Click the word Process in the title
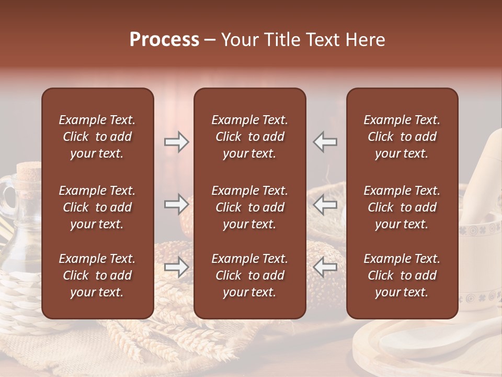[x=164, y=40]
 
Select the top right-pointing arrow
[x=176, y=142]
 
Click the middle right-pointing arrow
[x=176, y=204]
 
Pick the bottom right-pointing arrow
[x=176, y=267]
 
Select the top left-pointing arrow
[x=325, y=142]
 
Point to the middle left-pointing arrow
[x=325, y=204]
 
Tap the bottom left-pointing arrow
[x=325, y=267]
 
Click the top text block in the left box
[x=97, y=137]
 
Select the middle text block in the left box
[x=97, y=207]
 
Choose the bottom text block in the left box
[x=97, y=275]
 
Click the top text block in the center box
[x=249, y=137]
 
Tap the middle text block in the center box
[x=249, y=207]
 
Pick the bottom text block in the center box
[x=249, y=275]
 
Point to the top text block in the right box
[x=402, y=137]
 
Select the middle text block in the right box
[x=402, y=207]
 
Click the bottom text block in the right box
[x=402, y=275]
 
